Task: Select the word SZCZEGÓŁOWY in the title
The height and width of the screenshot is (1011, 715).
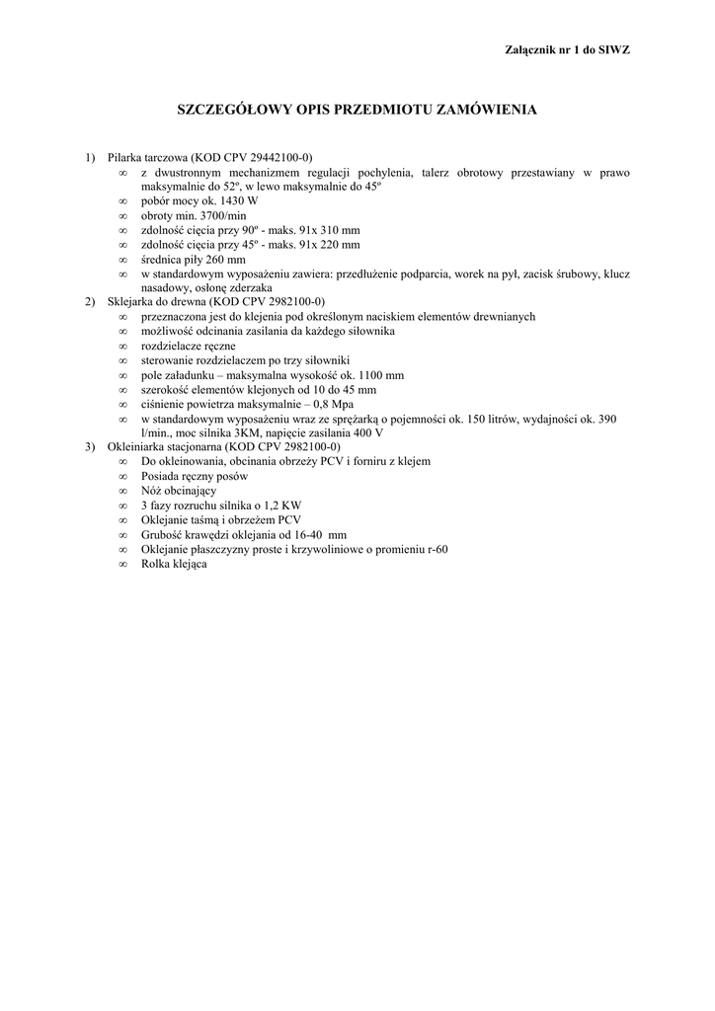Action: click(x=235, y=110)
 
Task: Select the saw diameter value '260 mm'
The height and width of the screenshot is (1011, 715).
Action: click(x=222, y=259)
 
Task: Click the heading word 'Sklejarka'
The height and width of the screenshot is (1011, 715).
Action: click(x=129, y=301)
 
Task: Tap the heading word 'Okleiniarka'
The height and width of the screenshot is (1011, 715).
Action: click(x=133, y=446)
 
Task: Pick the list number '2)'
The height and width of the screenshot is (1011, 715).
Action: click(x=90, y=301)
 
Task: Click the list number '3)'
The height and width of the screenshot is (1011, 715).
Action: click(x=90, y=446)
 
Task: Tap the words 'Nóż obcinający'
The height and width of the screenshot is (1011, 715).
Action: click(x=179, y=490)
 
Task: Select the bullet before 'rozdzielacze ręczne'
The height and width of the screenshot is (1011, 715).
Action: click(x=122, y=346)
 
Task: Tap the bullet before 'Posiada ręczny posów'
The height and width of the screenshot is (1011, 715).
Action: click(x=122, y=476)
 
